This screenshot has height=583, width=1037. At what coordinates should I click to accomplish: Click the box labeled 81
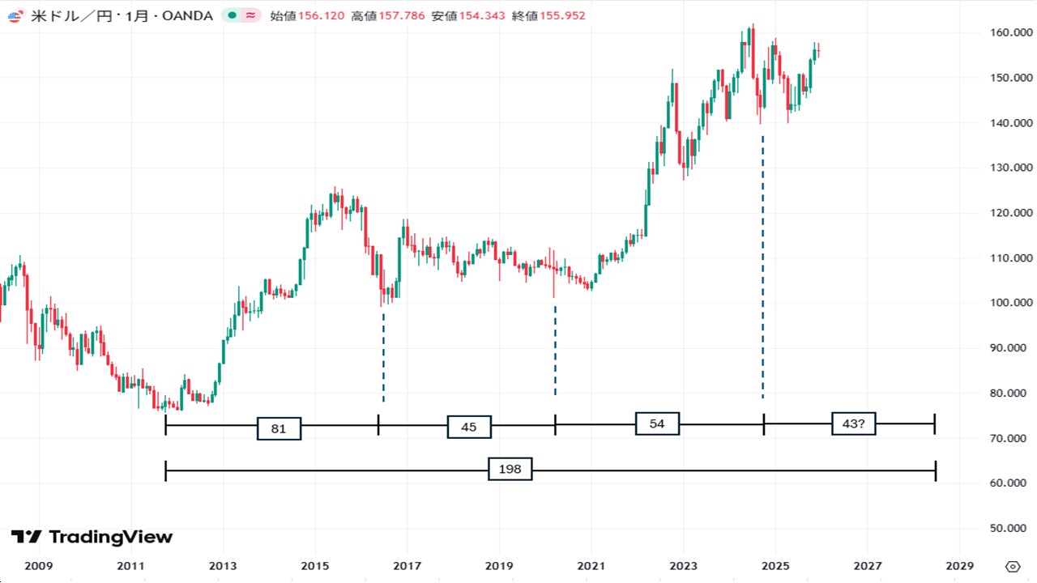pyautogui.click(x=279, y=428)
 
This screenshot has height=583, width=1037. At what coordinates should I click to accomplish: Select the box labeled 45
pyautogui.click(x=469, y=427)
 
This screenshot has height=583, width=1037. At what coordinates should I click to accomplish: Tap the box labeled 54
pyautogui.click(x=657, y=423)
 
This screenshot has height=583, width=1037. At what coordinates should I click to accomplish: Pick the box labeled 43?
pyautogui.click(x=853, y=423)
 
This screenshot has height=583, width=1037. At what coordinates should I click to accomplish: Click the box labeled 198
pyautogui.click(x=510, y=470)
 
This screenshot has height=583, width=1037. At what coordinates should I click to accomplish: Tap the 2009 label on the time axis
pyautogui.click(x=39, y=565)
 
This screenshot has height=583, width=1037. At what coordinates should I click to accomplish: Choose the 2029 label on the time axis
pyautogui.click(x=959, y=565)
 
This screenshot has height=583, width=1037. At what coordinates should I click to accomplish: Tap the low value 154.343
pyautogui.click(x=483, y=15)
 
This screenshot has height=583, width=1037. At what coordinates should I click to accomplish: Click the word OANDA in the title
pyautogui.click(x=188, y=15)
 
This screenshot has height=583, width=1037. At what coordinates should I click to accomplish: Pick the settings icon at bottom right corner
pyautogui.click(x=1013, y=565)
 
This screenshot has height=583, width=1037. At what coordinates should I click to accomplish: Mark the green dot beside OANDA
pyautogui.click(x=233, y=15)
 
